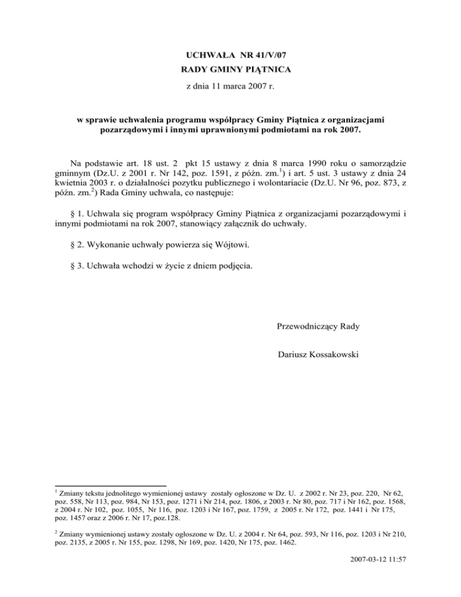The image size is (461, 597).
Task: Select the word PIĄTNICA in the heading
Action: (267, 70)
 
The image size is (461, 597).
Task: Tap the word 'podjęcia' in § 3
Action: (235, 267)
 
